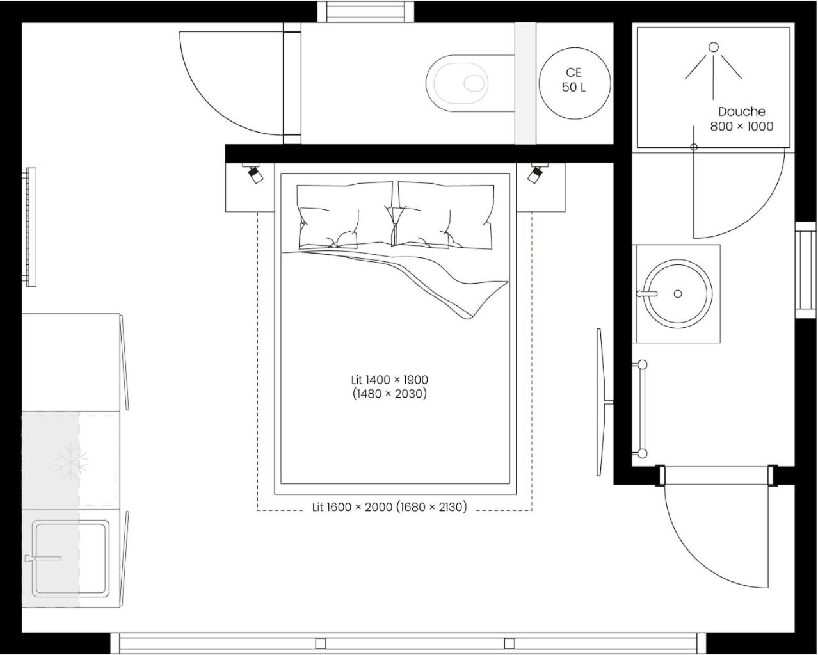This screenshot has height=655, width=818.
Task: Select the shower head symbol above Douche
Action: [713, 61]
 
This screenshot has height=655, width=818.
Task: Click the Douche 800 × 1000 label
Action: [741, 119]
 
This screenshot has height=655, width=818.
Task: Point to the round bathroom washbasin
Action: [677, 294]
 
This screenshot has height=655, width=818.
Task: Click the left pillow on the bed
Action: [344, 214]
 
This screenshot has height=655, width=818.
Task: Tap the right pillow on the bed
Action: [445, 216]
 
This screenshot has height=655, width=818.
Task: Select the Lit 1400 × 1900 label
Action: [389, 387]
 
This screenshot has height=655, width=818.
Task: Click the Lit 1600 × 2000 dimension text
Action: [389, 507]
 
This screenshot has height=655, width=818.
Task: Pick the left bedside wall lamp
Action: [255, 174]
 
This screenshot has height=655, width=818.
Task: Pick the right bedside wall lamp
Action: [535, 174]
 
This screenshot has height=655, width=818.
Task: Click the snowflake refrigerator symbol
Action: [70, 460]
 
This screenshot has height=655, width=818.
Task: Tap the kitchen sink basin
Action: [70, 558]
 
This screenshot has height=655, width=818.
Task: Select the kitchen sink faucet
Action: [44, 558]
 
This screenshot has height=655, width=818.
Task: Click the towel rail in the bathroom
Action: [641, 409]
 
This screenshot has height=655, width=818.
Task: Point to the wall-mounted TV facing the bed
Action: [601, 402]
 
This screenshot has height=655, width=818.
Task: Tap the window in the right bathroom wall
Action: [805, 270]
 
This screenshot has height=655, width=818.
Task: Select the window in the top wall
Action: [366, 11]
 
